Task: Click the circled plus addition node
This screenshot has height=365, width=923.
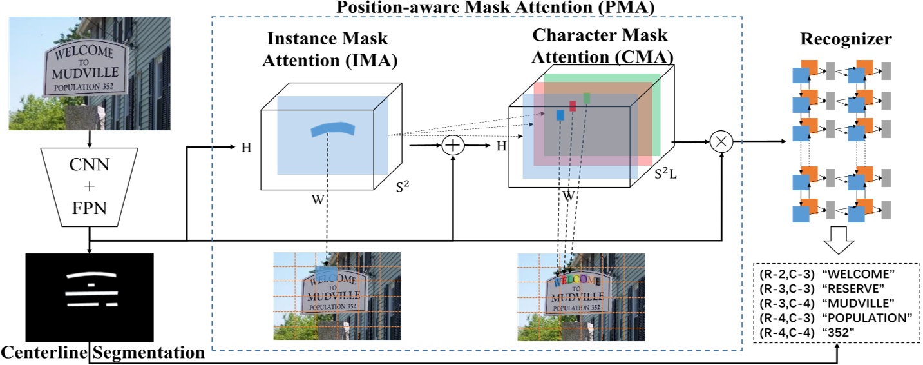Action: pos(453,146)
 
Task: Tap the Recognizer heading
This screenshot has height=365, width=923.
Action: pos(846,39)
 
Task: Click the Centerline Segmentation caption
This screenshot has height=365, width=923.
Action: pos(103,353)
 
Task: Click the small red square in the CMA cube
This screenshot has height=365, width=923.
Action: pos(573,106)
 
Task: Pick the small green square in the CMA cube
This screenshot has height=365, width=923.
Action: pos(587,98)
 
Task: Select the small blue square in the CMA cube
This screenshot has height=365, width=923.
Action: pos(560,115)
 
